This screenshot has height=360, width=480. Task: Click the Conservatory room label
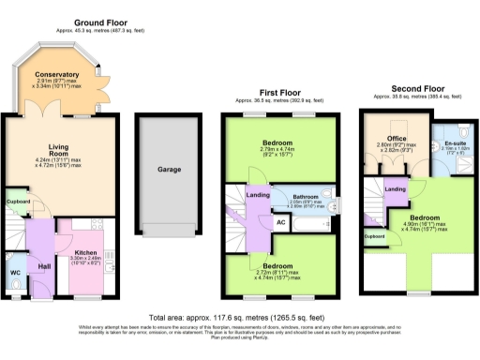pyautogui.click(x=57, y=74)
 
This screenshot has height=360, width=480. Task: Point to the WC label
pyautogui.click(x=16, y=273)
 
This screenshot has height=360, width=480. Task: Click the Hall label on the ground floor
pyautogui.click(x=44, y=266)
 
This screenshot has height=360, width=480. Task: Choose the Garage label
pyautogui.click(x=169, y=171)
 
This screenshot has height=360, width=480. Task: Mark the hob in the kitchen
pyautogui.click(x=106, y=253)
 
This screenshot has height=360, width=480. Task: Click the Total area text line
pyautogui.click(x=240, y=318)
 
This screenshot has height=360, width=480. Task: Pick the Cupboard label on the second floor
pyautogui.click(x=375, y=236)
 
